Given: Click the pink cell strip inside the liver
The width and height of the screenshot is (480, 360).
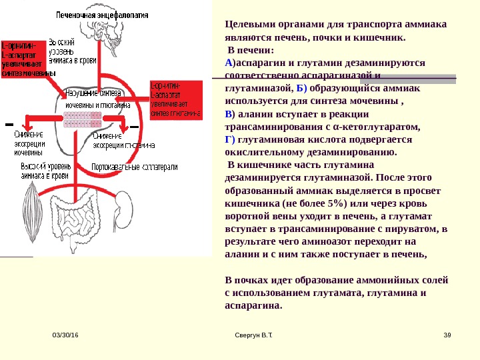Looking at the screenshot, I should click(79, 119).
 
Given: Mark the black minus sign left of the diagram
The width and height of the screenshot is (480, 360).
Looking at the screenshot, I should click(9, 124).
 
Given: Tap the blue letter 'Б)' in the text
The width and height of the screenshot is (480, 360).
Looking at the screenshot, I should click(301, 87).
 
